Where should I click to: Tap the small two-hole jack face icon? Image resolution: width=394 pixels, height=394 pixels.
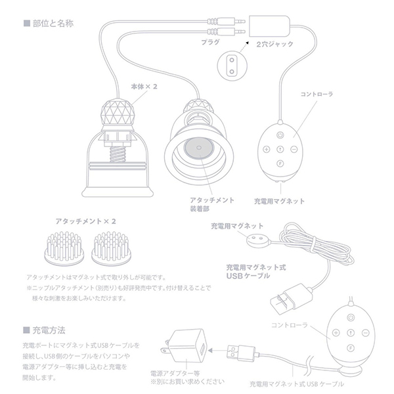[229, 63]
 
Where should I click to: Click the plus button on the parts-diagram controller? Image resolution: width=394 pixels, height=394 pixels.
[267, 149]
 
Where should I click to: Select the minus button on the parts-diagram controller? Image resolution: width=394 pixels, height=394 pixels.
[294, 149]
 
